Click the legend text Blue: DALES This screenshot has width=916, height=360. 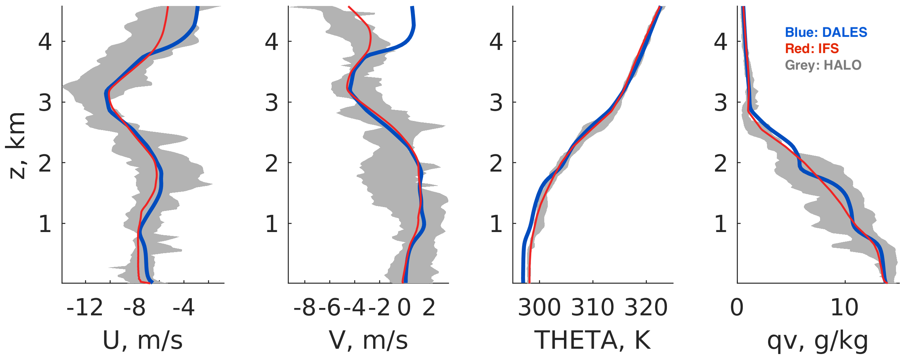coord(826,32)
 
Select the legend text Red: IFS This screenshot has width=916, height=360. coord(812,49)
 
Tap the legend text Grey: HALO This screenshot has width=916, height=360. coord(823,65)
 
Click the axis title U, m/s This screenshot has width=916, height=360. coord(143,340)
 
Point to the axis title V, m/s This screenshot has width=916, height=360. coord(368,340)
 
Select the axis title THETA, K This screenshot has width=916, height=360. coord(592,340)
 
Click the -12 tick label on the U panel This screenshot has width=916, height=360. coord(85,308)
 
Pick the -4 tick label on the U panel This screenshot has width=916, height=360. coord(183,308)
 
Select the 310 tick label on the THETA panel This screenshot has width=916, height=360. coord(592,308)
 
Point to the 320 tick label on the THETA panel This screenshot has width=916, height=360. coord(646,308)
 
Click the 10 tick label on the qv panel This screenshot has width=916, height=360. coord(845,308)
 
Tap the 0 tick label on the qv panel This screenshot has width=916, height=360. coord(737,308)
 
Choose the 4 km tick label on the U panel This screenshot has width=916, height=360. coord(45,41)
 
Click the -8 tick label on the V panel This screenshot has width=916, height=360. coord(305,308)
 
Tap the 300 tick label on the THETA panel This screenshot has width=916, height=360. coord(539,308)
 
